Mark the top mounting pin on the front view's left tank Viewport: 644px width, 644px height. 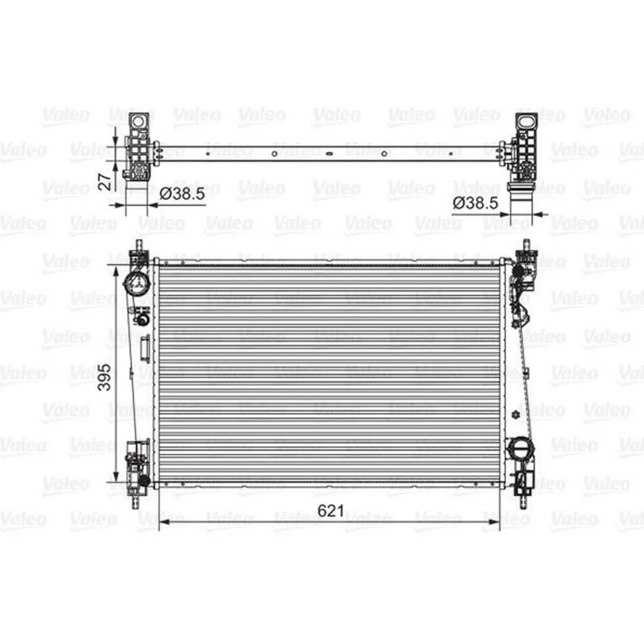pyautogui.click(x=137, y=245)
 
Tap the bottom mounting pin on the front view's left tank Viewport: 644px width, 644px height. pyautogui.click(x=137, y=500)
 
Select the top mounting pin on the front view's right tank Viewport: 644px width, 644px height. pyautogui.click(x=524, y=245)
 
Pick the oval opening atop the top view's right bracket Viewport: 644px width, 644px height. pyautogui.click(x=525, y=121)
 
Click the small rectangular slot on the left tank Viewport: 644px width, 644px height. pyautogui.click(x=145, y=347)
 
